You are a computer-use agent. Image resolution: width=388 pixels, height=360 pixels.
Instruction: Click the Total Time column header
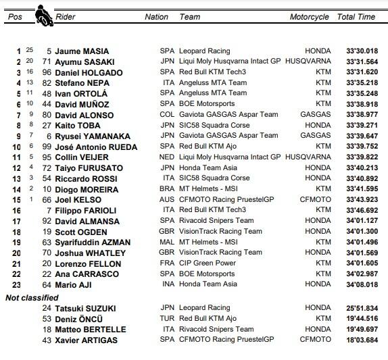356,17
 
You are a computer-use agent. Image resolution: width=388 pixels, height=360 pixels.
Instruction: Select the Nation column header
157,17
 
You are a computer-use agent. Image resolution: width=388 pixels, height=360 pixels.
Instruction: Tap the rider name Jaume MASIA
82,51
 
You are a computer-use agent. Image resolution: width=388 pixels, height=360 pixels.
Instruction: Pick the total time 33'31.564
362,61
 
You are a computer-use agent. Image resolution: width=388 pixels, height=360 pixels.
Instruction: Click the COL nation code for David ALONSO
166,115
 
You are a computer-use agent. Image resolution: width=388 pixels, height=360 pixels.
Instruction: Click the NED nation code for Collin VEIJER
166,157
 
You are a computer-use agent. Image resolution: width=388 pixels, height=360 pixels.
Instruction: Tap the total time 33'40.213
362,168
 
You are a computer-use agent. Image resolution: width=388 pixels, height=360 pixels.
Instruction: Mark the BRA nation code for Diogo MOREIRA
166,189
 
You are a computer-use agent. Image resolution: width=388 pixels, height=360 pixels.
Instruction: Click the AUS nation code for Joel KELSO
166,200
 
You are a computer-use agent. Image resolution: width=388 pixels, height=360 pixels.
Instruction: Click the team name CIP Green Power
208,263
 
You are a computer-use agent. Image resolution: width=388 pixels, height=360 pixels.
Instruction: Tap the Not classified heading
32,297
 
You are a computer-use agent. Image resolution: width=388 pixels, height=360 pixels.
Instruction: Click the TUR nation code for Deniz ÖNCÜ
166,319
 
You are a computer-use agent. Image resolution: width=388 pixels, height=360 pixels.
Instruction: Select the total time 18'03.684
362,340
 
